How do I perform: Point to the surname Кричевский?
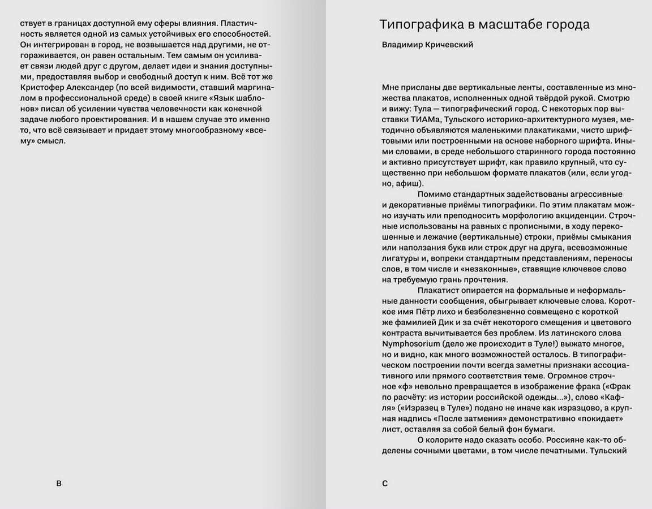pos(452,45)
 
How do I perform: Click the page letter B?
pos(59,483)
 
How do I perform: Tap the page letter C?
pos(385,483)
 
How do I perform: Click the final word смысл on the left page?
pos(52,141)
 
